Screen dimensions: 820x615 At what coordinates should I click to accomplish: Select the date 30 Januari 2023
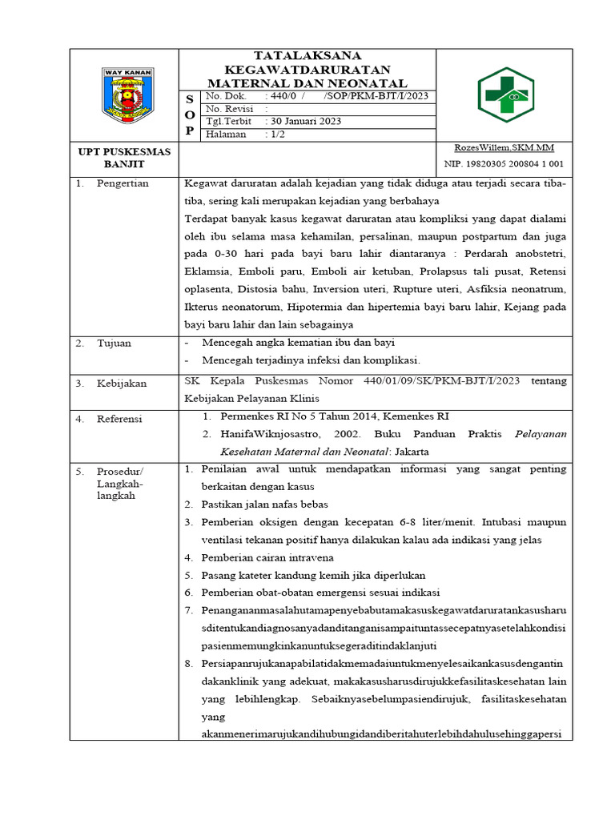tap(304, 121)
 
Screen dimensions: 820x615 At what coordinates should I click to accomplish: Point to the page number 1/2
tap(277, 135)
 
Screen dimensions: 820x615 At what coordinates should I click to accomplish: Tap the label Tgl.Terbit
tap(229, 121)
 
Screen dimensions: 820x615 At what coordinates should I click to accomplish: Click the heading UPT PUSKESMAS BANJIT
tap(123, 157)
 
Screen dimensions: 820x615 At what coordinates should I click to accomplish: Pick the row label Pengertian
tap(123, 183)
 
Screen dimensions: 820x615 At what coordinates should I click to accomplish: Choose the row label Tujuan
tap(114, 343)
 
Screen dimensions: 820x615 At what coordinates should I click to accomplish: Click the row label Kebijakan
tap(122, 384)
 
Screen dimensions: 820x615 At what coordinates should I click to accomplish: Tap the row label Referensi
tap(119, 418)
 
